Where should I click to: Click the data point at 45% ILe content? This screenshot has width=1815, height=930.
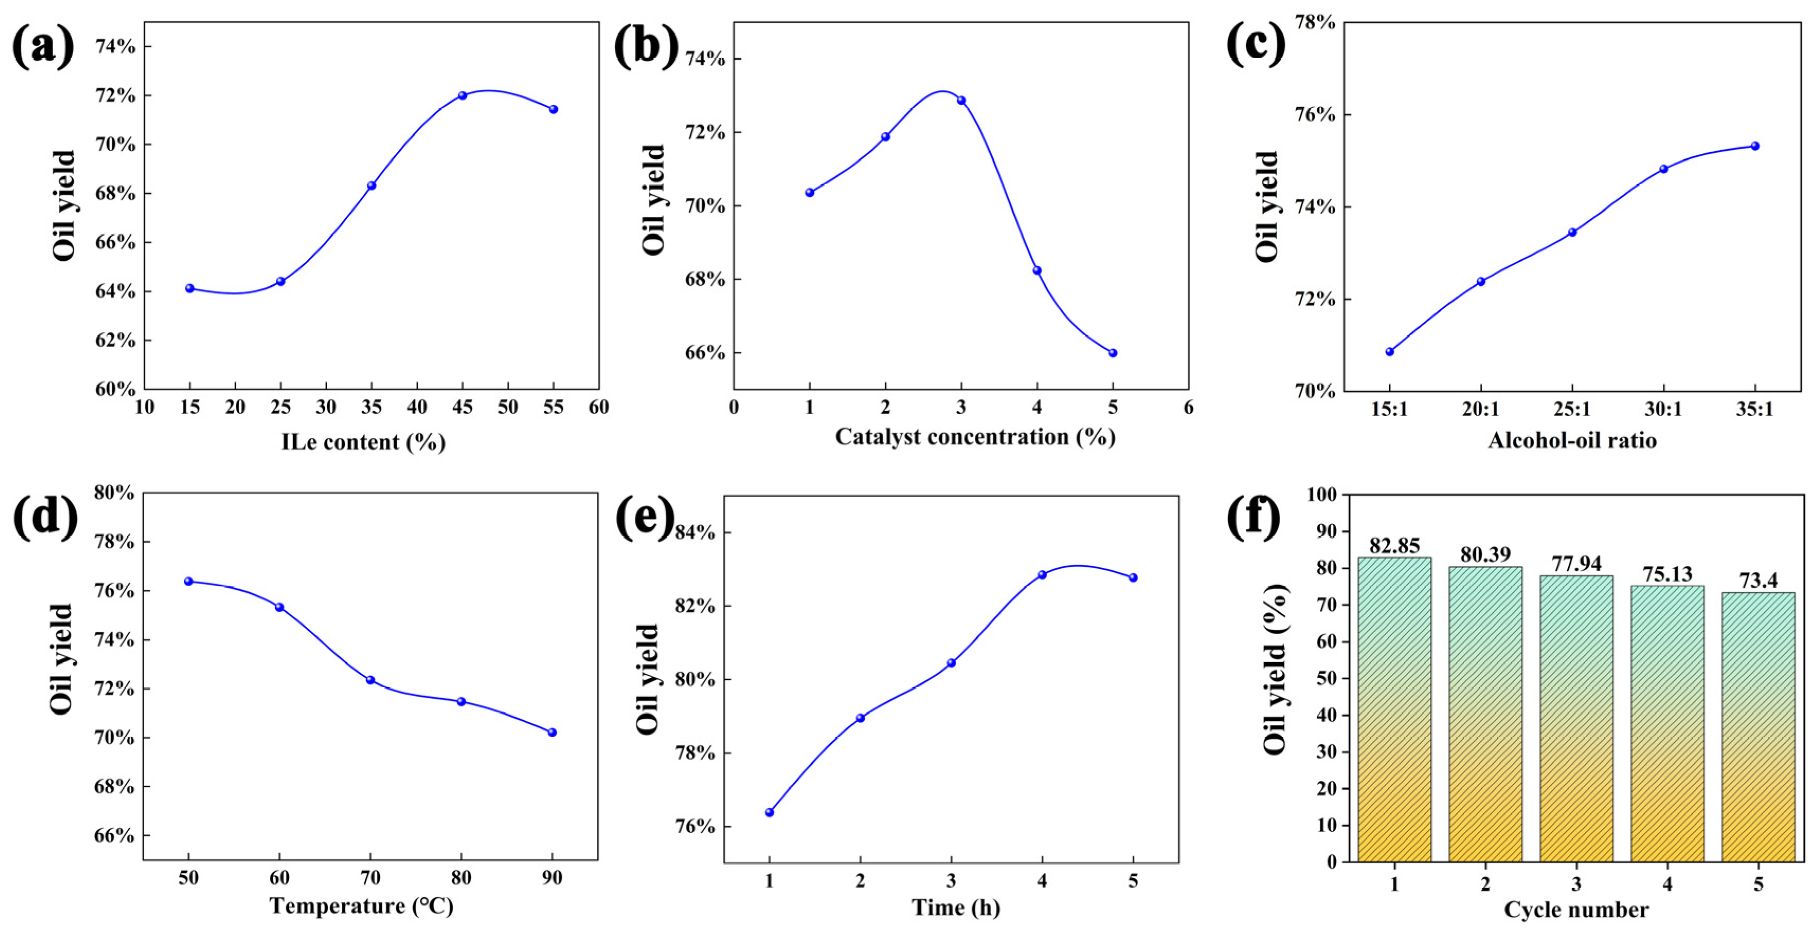(462, 96)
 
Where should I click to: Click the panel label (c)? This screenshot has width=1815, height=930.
(1256, 44)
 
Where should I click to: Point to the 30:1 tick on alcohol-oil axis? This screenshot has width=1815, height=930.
(1664, 409)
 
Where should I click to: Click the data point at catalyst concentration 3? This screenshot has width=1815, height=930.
(961, 101)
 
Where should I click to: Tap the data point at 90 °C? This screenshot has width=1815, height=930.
(552, 733)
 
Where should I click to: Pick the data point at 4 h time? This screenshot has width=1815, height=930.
(1042, 575)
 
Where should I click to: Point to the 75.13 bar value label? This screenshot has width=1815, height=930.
(1667, 574)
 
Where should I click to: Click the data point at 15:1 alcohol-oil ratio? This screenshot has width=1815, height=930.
(1390, 351)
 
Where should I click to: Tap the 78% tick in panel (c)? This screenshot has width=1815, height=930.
(1315, 23)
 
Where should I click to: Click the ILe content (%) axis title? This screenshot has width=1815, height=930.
(364, 443)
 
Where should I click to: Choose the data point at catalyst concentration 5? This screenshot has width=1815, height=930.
(1112, 353)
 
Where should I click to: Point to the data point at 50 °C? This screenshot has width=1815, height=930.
(188, 581)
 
